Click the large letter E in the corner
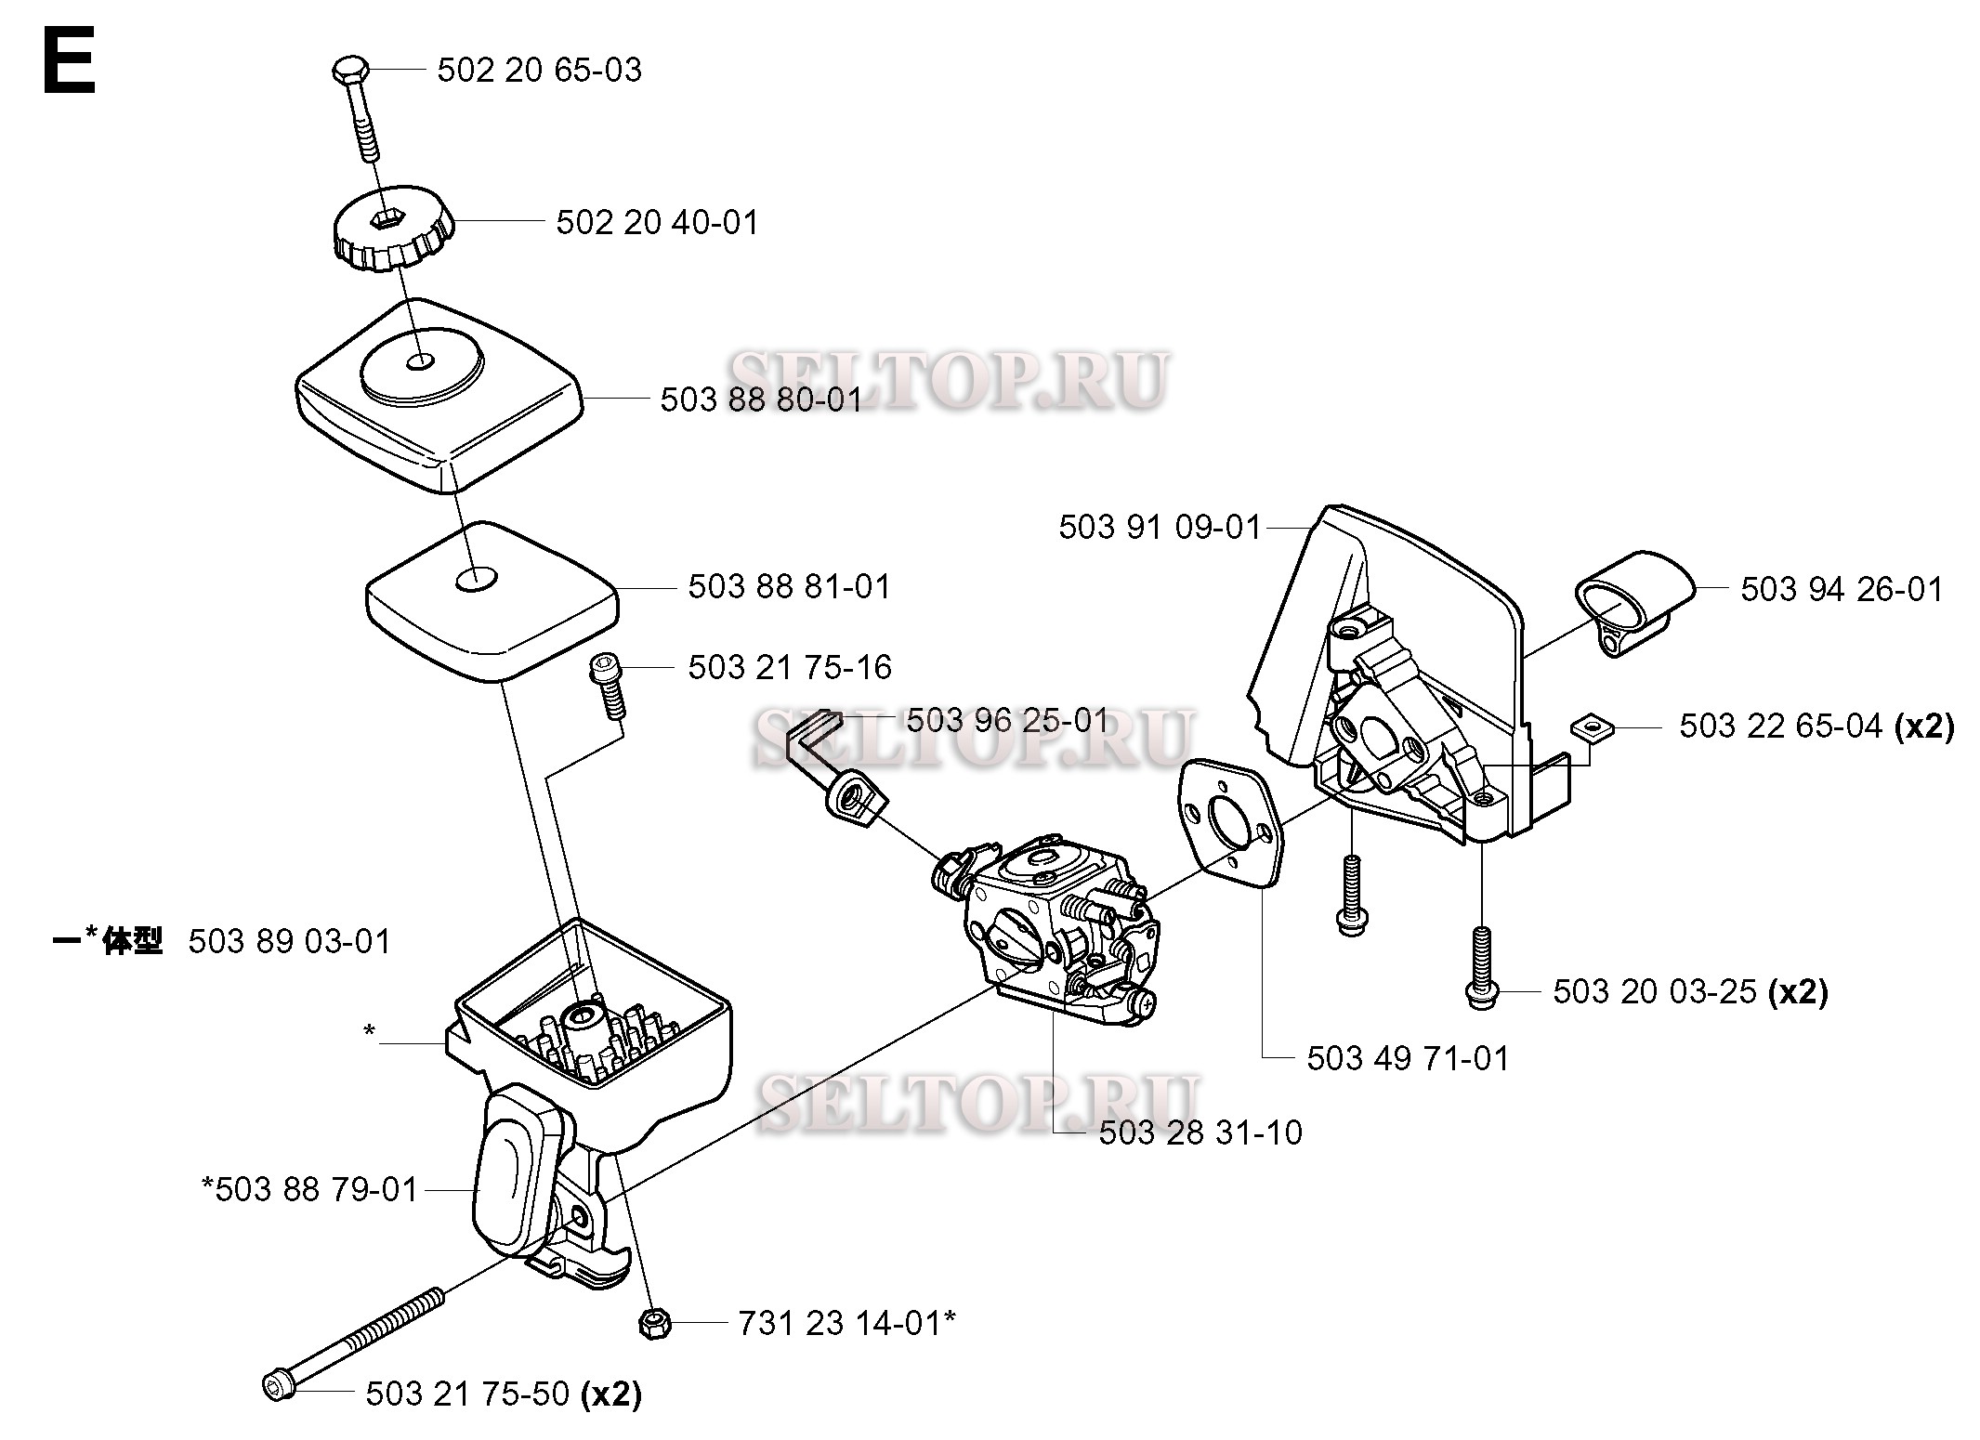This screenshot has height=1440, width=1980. [69, 61]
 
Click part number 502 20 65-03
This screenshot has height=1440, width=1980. [539, 71]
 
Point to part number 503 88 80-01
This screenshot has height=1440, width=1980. [761, 399]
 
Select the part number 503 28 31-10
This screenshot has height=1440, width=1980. [1200, 1132]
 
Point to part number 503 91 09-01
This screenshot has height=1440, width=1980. [1160, 528]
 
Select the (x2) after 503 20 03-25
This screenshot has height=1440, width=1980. [1797, 992]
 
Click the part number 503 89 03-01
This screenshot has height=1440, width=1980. [290, 942]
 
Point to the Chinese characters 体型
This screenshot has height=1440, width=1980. [132, 941]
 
